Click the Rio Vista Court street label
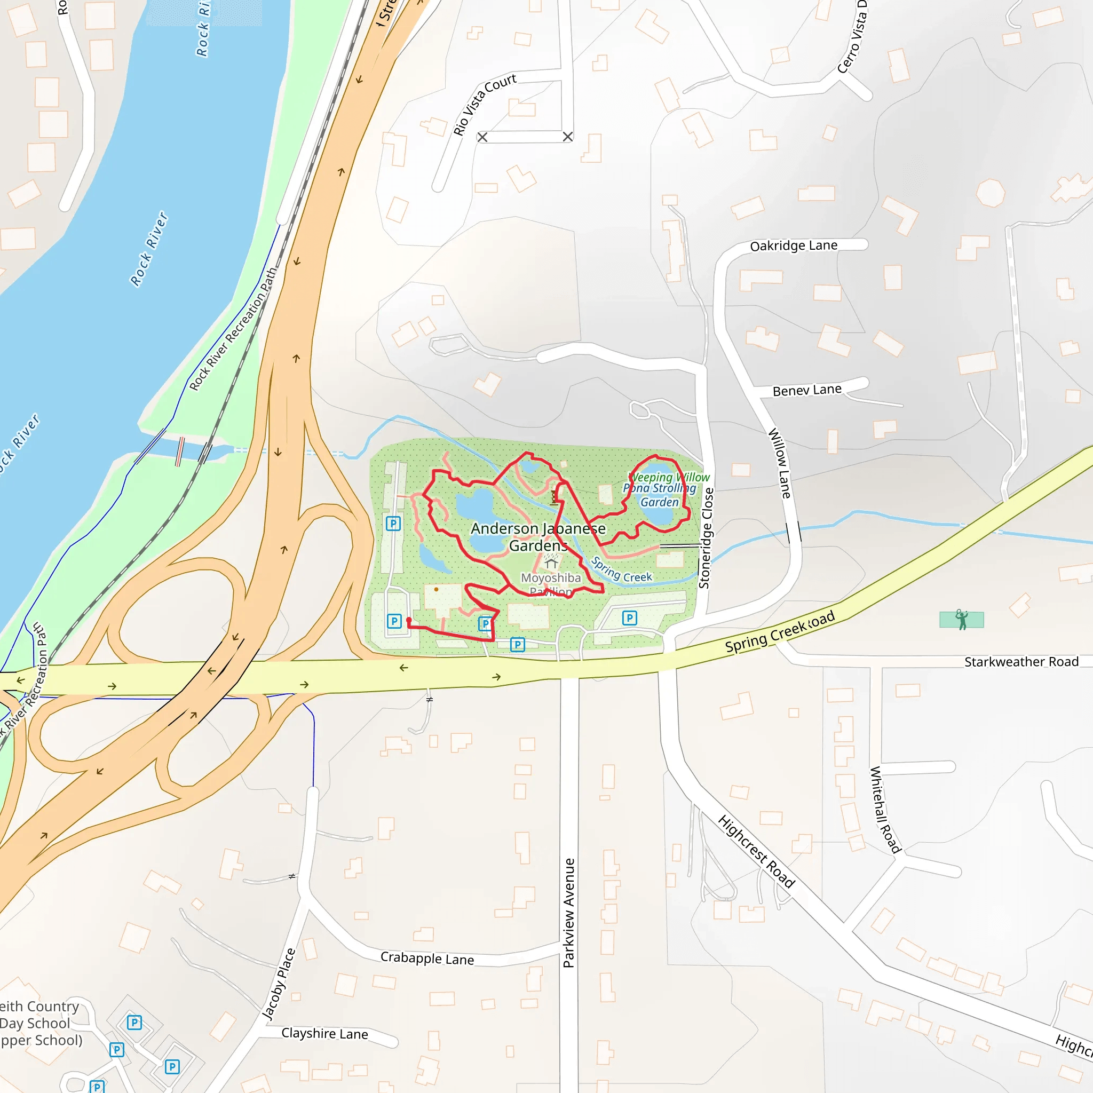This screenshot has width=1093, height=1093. pyautogui.click(x=484, y=104)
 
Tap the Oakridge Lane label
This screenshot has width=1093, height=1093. pyautogui.click(x=793, y=245)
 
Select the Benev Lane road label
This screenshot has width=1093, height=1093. pyautogui.click(x=807, y=390)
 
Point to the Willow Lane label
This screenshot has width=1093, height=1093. pyautogui.click(x=779, y=463)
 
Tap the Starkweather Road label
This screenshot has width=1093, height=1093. pyautogui.click(x=1021, y=662)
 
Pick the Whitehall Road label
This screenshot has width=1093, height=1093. pyautogui.click(x=884, y=810)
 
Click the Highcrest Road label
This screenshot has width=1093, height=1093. pyautogui.click(x=756, y=851)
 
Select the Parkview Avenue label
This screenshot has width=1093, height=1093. pyautogui.click(x=568, y=913)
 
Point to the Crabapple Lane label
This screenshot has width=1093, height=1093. pyautogui.click(x=427, y=959)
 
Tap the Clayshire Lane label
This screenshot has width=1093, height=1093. pyautogui.click(x=324, y=1034)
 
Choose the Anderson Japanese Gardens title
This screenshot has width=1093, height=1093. pyautogui.click(x=538, y=537)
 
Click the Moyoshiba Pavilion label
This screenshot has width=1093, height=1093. pyautogui.click(x=550, y=584)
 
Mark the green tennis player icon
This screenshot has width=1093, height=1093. pyautogui.click(x=961, y=620)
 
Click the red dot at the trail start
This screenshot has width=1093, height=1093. pyautogui.click(x=409, y=621)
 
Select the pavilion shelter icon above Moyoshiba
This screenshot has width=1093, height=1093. pyautogui.click(x=551, y=563)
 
